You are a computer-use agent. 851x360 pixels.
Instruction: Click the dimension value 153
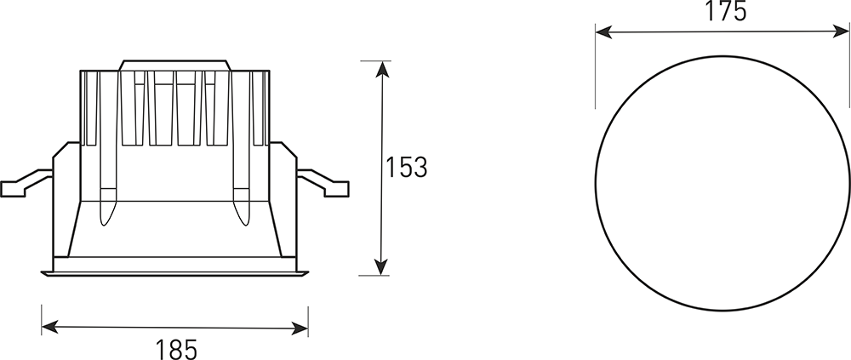coord(407,168)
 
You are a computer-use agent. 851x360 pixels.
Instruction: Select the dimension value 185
coord(176,349)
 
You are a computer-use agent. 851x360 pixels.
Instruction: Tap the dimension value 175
coord(726,11)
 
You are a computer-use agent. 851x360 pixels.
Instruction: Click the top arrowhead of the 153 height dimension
coord(383,70)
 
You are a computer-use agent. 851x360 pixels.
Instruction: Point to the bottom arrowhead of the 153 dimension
coord(381,266)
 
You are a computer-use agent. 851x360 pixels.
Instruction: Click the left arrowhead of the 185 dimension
coord(50,327)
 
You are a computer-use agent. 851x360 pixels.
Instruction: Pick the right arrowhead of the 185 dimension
coord(300,328)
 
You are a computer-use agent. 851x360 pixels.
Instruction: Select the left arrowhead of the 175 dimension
coord(604,32)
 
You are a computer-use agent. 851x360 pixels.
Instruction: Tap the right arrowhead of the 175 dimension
coord(841,31)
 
